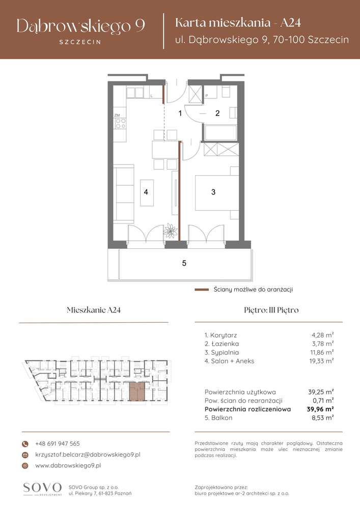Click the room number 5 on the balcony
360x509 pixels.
(184, 263)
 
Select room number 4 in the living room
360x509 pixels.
(146, 192)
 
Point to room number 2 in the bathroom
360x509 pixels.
(217, 114)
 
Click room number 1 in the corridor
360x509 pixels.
(180, 114)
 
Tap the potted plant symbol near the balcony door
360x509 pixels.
(170, 232)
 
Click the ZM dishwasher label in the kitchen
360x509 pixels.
(117, 116)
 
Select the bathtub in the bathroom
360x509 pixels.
(220, 132)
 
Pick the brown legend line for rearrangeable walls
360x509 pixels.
(202, 290)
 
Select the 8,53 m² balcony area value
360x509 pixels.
(323, 417)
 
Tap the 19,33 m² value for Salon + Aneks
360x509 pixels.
(323, 360)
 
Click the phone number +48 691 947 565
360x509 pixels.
(58, 443)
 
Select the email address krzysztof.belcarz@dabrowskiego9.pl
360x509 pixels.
(88, 454)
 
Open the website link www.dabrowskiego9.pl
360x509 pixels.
(68, 465)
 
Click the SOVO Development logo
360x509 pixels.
(42, 489)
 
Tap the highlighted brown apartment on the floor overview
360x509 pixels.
(136, 391)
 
